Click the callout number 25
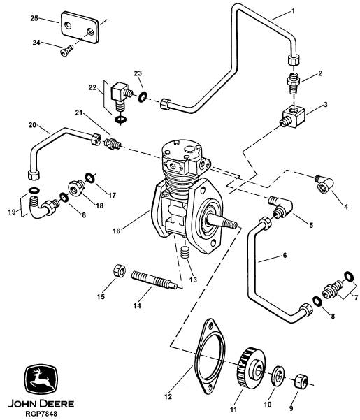pyautogui.click(x=34, y=18)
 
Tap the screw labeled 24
pyautogui.click(x=66, y=50)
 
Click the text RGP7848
pyautogui.click(x=41, y=414)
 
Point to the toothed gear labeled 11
pyautogui.click(x=251, y=367)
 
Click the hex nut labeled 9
pyautogui.click(x=301, y=382)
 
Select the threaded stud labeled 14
pyautogui.click(x=154, y=280)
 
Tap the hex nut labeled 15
pyautogui.click(x=120, y=270)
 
